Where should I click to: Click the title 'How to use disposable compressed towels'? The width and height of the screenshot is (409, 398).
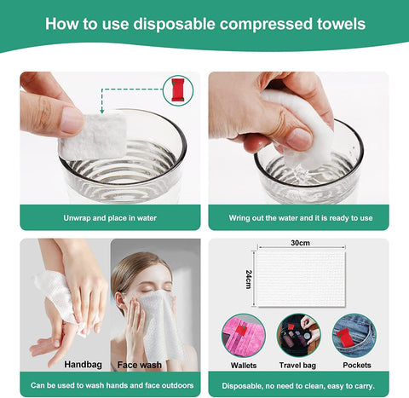204,24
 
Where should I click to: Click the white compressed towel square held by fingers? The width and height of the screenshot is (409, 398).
93,135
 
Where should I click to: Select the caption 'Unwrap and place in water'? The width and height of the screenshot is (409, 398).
110,217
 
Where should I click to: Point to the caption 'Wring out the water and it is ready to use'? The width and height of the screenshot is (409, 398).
300,217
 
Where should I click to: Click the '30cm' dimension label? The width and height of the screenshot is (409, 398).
298,243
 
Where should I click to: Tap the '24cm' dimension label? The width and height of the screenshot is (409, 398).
249,278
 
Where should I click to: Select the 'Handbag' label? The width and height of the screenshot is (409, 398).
83,365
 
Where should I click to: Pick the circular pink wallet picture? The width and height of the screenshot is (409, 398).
244,334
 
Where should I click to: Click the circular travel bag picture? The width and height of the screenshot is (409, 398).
299,334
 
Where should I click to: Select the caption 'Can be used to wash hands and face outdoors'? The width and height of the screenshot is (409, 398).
110,385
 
